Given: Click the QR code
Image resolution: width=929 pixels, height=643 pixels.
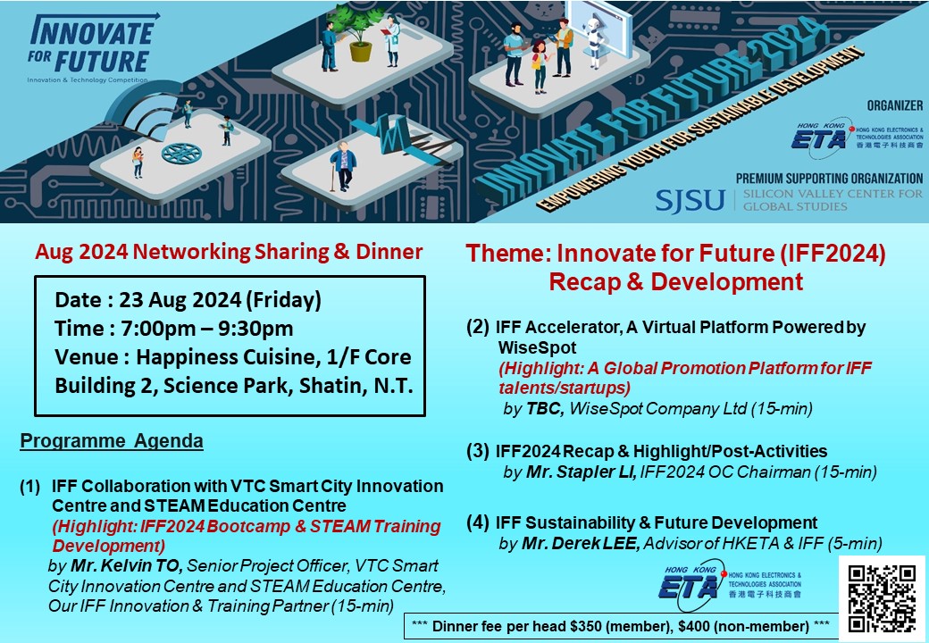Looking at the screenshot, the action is click(883, 598).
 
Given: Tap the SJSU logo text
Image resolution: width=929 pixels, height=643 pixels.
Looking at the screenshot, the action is click(690, 200).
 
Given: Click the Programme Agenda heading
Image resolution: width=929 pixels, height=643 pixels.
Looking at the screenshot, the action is click(112, 441).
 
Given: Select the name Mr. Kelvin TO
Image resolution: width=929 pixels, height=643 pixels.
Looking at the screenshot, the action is click(126, 566).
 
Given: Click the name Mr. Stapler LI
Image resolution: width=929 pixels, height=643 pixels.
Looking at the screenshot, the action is click(582, 472).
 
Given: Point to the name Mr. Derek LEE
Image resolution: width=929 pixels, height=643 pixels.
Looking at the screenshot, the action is click(581, 543).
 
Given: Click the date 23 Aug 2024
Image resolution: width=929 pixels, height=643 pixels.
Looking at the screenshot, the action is click(180, 299).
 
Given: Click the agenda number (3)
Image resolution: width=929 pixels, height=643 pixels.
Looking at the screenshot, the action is click(478, 451).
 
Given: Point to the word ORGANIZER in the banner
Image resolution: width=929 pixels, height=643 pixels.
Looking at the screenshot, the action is click(895, 105).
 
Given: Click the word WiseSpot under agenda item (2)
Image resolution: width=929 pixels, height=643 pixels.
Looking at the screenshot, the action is click(537, 347).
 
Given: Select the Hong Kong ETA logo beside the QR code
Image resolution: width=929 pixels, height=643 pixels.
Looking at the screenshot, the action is click(731, 584).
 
